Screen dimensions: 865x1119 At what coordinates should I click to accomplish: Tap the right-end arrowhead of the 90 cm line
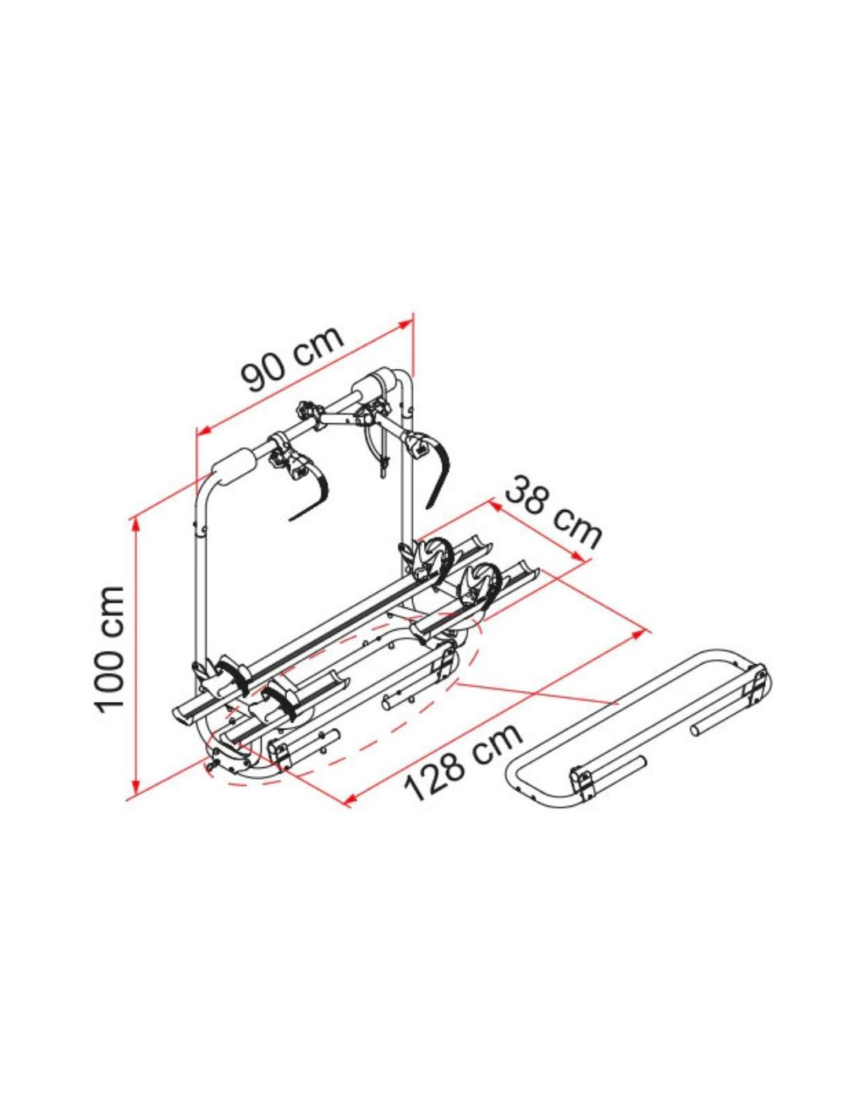[x=404, y=325]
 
